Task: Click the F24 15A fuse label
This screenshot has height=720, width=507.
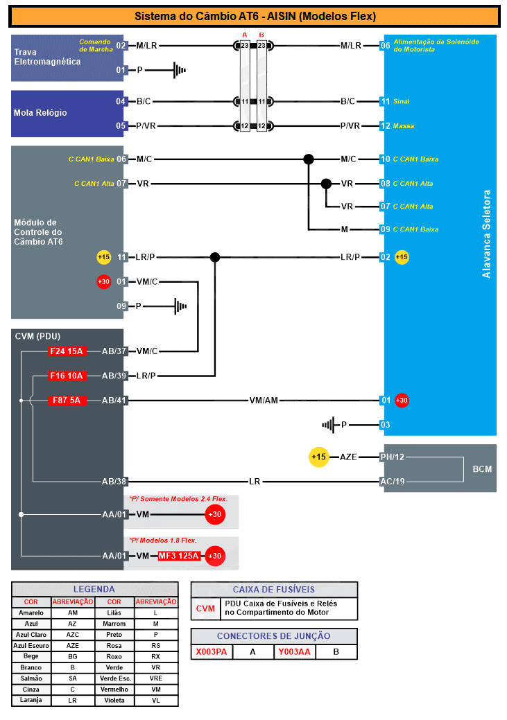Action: coord(66,351)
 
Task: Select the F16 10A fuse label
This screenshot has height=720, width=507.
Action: coord(66,376)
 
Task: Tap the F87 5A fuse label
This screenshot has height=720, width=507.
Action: coord(66,400)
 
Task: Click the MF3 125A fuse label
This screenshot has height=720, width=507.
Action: coord(179,556)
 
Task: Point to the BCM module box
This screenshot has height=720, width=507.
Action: coord(481,469)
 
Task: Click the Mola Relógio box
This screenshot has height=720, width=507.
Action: coord(67,113)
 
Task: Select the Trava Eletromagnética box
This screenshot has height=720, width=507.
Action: coord(67,58)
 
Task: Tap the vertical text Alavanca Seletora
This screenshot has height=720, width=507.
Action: coord(486,234)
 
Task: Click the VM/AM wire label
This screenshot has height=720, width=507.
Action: coord(264,400)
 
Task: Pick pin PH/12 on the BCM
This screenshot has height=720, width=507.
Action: coord(392,457)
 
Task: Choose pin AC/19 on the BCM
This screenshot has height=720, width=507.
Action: coord(392,481)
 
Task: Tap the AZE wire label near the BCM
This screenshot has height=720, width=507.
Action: coord(348,457)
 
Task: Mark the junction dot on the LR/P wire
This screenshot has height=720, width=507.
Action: coord(215,257)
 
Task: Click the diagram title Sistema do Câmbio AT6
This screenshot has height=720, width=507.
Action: coord(255,16)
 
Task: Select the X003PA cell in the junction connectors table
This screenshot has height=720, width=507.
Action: coord(212,652)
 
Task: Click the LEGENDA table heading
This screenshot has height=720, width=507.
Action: coord(94,589)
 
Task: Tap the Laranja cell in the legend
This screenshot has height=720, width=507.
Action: coord(31,700)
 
